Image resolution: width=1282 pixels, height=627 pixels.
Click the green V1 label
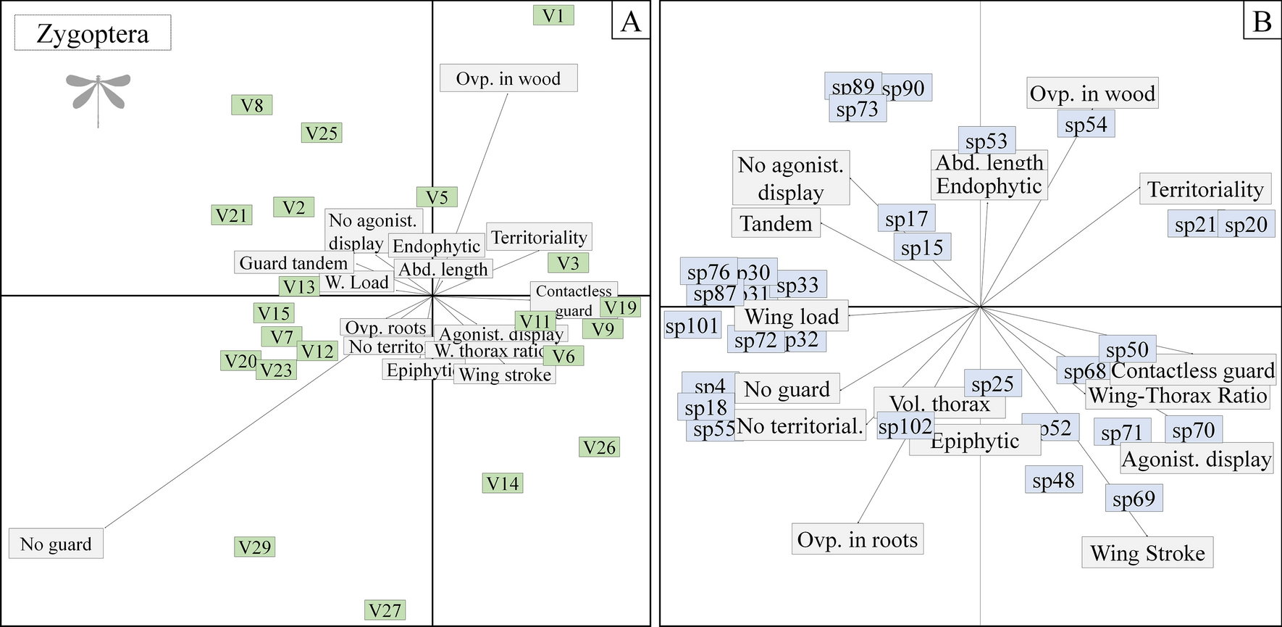point(553,15)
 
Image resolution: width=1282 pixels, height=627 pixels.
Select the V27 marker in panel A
point(385,610)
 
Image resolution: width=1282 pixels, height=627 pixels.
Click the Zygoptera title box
point(93,34)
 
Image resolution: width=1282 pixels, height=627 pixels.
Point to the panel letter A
point(631,21)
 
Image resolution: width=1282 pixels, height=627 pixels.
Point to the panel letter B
point(1262,21)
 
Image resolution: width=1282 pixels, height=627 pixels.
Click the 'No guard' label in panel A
point(56,544)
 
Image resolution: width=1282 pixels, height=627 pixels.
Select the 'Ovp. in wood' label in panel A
point(508,78)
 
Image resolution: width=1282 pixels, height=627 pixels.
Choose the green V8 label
point(252,105)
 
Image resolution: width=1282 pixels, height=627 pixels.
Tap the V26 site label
point(599,447)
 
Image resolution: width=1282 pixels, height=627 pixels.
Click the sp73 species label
point(857,109)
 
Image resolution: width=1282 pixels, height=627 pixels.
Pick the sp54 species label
point(1086,125)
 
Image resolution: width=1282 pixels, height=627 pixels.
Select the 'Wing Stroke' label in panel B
point(1147,553)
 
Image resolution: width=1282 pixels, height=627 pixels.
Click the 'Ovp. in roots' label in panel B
point(857,539)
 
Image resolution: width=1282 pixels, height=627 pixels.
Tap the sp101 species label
point(692,325)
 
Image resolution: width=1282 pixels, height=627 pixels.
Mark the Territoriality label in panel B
point(1205,189)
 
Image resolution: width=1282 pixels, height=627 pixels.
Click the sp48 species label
point(1054,480)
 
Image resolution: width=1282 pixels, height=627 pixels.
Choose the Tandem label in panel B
point(776,223)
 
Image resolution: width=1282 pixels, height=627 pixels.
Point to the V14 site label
point(503,483)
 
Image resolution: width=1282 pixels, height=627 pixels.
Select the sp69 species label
point(1134,499)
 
